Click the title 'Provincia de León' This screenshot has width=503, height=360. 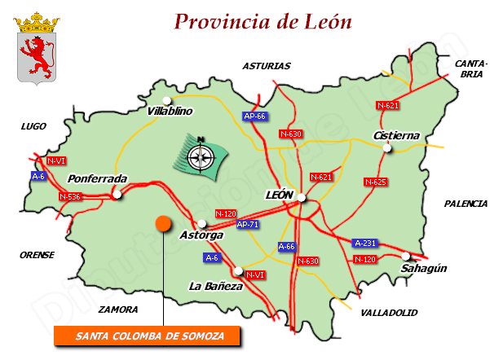[x=263, y=21]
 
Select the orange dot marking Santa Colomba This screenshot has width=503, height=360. [x=163, y=222]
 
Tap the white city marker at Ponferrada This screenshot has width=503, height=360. [x=117, y=194]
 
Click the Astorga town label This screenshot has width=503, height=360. [x=201, y=235]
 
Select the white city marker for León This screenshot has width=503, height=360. [x=301, y=197]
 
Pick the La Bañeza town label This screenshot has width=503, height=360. [x=215, y=287]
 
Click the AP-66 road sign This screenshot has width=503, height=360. [x=255, y=116]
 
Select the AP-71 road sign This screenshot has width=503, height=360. [x=247, y=224]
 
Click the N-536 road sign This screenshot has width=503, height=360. [x=70, y=196]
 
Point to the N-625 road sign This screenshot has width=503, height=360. [x=375, y=182]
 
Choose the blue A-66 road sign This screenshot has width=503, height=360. [x=287, y=246]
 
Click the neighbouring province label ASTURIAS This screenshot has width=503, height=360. [x=267, y=66]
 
